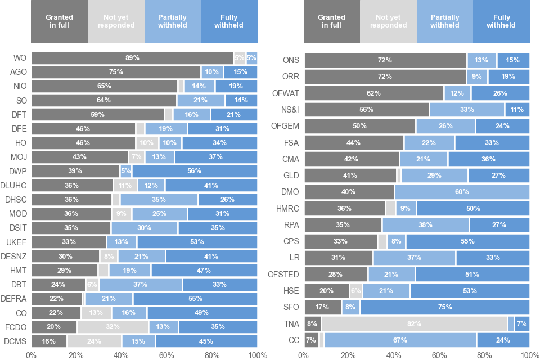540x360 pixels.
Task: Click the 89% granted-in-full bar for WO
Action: pos(132,57)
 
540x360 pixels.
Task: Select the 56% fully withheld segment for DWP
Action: pos(195,171)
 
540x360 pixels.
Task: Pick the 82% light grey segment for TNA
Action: pos(414,323)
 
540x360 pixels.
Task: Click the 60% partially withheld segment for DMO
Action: pos(462,192)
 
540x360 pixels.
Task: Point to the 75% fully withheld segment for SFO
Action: pos(445,307)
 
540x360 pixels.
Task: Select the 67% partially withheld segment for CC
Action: pos(400,340)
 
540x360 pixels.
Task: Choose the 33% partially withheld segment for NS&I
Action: pos(467,109)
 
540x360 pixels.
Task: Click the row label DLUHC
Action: pos(15,185)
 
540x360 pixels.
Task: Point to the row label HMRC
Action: pos(287,209)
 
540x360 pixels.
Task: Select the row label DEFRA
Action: pos(15,299)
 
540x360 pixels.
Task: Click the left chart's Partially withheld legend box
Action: pos(173,21)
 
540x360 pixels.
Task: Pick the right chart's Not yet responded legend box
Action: pos(388,21)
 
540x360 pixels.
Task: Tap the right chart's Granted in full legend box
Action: pos(331,21)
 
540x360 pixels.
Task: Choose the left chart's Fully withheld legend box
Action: pos(229,21)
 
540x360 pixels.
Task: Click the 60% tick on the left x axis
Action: pos(167,354)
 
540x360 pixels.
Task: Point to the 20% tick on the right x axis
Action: pos(349,354)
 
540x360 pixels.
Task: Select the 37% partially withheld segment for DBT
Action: pos(141,285)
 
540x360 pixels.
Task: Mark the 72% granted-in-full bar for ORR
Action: pos(385,76)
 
